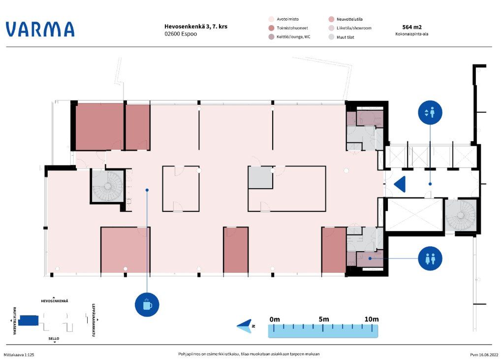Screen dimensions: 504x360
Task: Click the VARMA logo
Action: click(40, 29)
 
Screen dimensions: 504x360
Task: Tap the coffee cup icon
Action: click(147, 304)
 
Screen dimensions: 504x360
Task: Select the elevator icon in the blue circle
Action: click(430, 113)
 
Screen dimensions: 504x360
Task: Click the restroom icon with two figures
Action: click(430, 259)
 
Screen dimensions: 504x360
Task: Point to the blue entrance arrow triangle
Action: click(400, 184)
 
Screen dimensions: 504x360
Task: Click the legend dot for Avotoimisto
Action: click(271, 19)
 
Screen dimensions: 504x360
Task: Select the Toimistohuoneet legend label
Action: click(292, 28)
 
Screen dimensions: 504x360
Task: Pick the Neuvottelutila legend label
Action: click(349, 19)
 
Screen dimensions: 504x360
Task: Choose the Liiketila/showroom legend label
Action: click(354, 28)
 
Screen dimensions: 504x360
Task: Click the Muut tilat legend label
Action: click(345, 37)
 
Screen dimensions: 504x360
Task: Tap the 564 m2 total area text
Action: click(412, 28)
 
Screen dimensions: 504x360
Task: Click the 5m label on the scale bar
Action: click(324, 319)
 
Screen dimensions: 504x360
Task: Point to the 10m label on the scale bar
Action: click(372, 319)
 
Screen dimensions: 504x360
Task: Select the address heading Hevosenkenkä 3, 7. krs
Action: click(196, 27)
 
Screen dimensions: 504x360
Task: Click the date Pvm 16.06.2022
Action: click(481, 355)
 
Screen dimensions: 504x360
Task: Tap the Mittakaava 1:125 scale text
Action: click(20, 355)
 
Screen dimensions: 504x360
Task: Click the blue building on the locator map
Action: click(28, 321)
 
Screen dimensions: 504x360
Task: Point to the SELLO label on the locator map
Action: click(54, 338)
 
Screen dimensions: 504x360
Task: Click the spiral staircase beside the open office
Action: click(107, 186)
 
